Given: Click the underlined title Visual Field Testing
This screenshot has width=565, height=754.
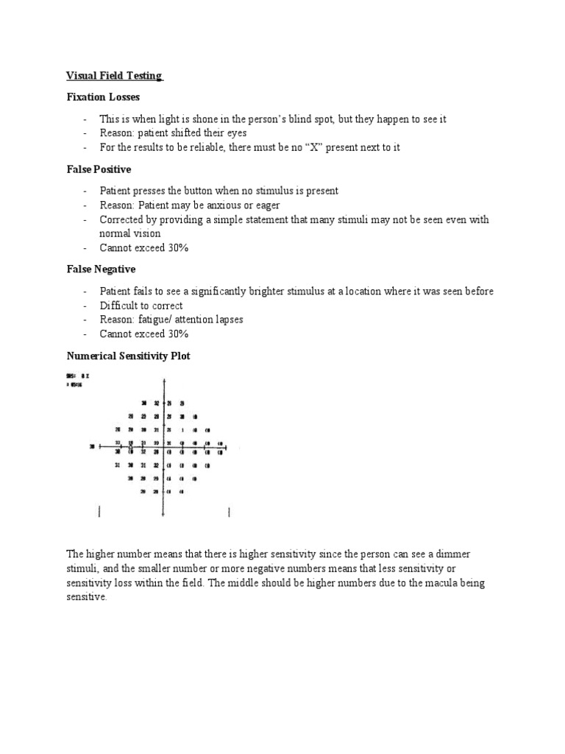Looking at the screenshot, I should pos(114,76).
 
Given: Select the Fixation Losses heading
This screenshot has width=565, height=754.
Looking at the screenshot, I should pos(103,97).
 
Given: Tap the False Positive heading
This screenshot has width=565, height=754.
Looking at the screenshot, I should pos(99,169).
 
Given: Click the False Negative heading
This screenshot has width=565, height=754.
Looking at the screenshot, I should pos(101,270).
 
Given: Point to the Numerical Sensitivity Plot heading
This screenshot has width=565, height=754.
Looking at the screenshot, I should pos(128,356).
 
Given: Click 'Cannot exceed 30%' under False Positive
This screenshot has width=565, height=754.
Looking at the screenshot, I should pos(144,248).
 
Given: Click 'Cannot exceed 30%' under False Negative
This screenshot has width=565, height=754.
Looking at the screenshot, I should pos(144,334).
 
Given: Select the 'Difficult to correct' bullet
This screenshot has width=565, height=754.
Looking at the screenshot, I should pos(141,306).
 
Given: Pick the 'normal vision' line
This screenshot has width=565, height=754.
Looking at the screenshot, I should pos(129,233).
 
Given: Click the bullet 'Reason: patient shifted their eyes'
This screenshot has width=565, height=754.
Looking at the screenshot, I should pos(173,133).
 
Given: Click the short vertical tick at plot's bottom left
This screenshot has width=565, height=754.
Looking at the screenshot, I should pos(99,511).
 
